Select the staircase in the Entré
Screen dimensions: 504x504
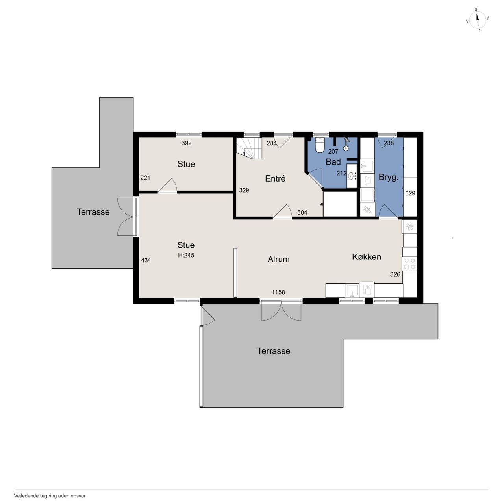pos(249,148)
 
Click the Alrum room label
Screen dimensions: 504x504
pos(278,259)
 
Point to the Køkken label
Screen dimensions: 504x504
pos(367,257)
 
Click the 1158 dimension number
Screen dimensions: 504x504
pos(278,292)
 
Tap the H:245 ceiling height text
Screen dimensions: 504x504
pos(186,255)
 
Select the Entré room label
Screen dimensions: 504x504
pos(275,178)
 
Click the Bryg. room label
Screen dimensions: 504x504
pos(388,178)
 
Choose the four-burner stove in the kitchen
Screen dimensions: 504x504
pos(410,263)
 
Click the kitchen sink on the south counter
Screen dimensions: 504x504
pos(352,290)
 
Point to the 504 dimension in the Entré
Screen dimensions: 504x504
pos(302,213)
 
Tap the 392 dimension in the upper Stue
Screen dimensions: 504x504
pos(187,143)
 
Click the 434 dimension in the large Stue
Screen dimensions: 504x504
pos(146,260)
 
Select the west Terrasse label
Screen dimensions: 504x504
pos(93,212)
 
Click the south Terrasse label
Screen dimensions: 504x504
pos(274,351)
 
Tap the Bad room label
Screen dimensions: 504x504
pos(333,162)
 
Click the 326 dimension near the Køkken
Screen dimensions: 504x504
pos(395,274)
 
